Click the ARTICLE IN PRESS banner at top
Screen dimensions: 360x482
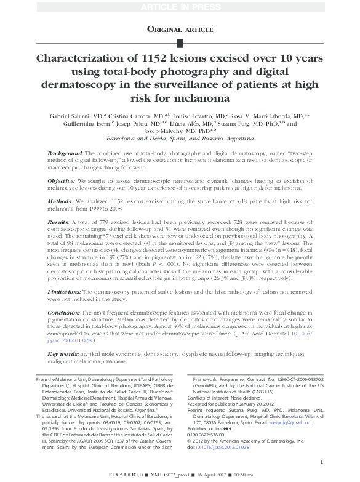point(180,6)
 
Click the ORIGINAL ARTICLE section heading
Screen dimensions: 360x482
point(180,28)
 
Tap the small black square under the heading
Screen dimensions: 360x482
point(180,42)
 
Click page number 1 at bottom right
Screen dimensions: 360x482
point(322,461)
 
